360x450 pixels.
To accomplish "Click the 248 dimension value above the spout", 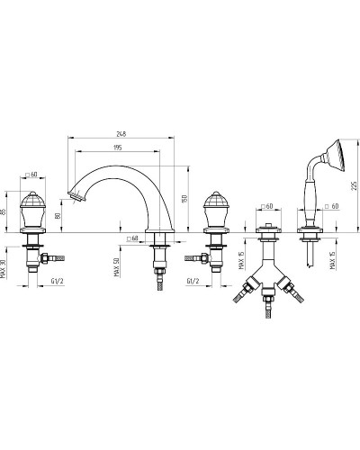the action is pyautogui.click(x=121, y=133).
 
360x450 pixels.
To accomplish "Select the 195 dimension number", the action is pyautogui.click(x=118, y=148).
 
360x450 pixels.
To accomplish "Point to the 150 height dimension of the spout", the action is pyautogui.click(x=184, y=199).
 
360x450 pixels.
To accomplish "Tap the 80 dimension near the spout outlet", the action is pyautogui.click(x=58, y=215).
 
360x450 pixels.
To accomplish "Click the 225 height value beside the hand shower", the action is pyautogui.click(x=355, y=185).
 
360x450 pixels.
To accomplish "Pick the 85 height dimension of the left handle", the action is pyautogui.click(x=3, y=211).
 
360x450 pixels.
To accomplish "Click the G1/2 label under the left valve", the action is pyautogui.click(x=57, y=281).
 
